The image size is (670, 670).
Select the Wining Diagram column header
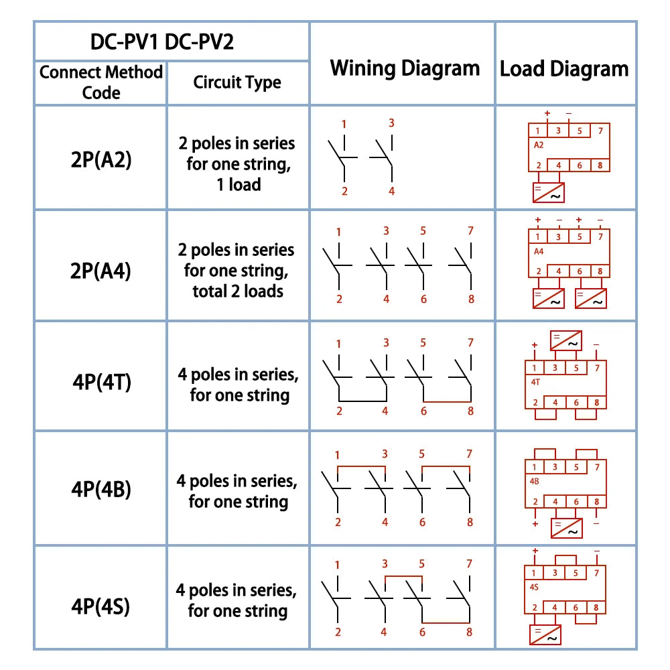tap(405, 68)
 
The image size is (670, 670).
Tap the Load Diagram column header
tap(564, 68)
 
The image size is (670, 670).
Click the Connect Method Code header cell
tap(101, 82)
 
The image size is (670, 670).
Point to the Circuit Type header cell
tap(237, 82)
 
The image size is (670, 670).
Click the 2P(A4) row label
tap(101, 270)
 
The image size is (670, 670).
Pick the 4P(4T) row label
tap(101, 382)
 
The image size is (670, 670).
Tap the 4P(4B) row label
tap(101, 489)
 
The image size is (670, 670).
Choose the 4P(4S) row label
tap(101, 606)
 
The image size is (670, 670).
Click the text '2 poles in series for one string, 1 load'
tap(237, 163)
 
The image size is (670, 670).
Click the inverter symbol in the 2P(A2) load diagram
tap(549, 192)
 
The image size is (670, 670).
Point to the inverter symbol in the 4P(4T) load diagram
tap(566, 340)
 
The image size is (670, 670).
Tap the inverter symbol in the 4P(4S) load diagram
tap(545, 634)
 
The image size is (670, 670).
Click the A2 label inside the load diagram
tap(539, 145)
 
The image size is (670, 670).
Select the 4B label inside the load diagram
tap(535, 480)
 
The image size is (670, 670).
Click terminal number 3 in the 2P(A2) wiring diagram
tap(391, 123)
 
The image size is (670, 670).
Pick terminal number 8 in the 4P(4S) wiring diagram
tap(469, 632)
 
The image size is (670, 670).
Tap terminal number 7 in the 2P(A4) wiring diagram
tap(470, 231)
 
